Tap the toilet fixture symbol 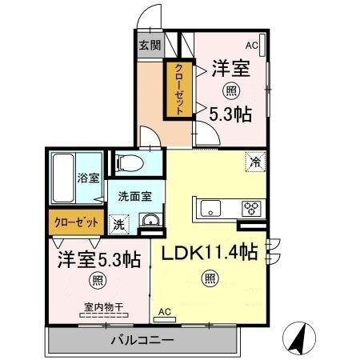click(x=129, y=165)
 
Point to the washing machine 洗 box click(x=118, y=224)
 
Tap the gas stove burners click(x=251, y=209)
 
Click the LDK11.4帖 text click(x=210, y=253)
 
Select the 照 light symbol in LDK click(x=210, y=278)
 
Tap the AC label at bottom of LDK click(x=164, y=311)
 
